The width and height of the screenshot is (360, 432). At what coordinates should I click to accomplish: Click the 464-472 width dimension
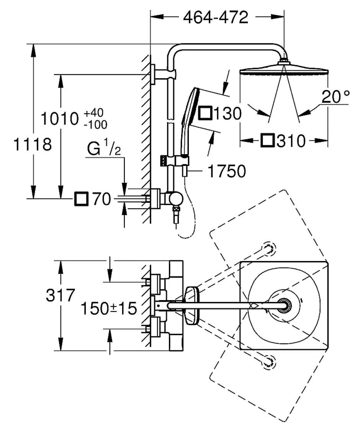[216, 17]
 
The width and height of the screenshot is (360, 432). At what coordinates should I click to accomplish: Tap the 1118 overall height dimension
[33, 145]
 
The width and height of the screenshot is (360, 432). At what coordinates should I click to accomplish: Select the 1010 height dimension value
[59, 119]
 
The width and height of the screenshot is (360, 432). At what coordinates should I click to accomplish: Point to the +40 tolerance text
[93, 113]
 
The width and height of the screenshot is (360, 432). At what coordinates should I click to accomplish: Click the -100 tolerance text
[95, 125]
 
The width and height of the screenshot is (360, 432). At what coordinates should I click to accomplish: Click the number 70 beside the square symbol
[101, 199]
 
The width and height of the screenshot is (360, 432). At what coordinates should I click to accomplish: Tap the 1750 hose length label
[227, 171]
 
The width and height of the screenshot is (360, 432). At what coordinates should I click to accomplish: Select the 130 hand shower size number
[227, 113]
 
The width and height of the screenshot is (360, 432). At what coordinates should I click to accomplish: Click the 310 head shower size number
[291, 141]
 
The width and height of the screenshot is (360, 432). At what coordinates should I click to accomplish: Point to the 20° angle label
[335, 97]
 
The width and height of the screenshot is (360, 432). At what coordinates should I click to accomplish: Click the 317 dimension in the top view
[60, 295]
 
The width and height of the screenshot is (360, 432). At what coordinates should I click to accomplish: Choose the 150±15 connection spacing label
[109, 308]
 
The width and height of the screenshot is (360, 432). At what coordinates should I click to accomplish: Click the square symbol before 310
[267, 140]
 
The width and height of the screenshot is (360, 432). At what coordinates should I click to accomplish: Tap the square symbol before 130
[205, 113]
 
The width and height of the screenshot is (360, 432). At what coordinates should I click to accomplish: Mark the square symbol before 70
[81, 199]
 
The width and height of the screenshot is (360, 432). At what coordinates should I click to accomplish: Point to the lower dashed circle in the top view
[269, 362]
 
